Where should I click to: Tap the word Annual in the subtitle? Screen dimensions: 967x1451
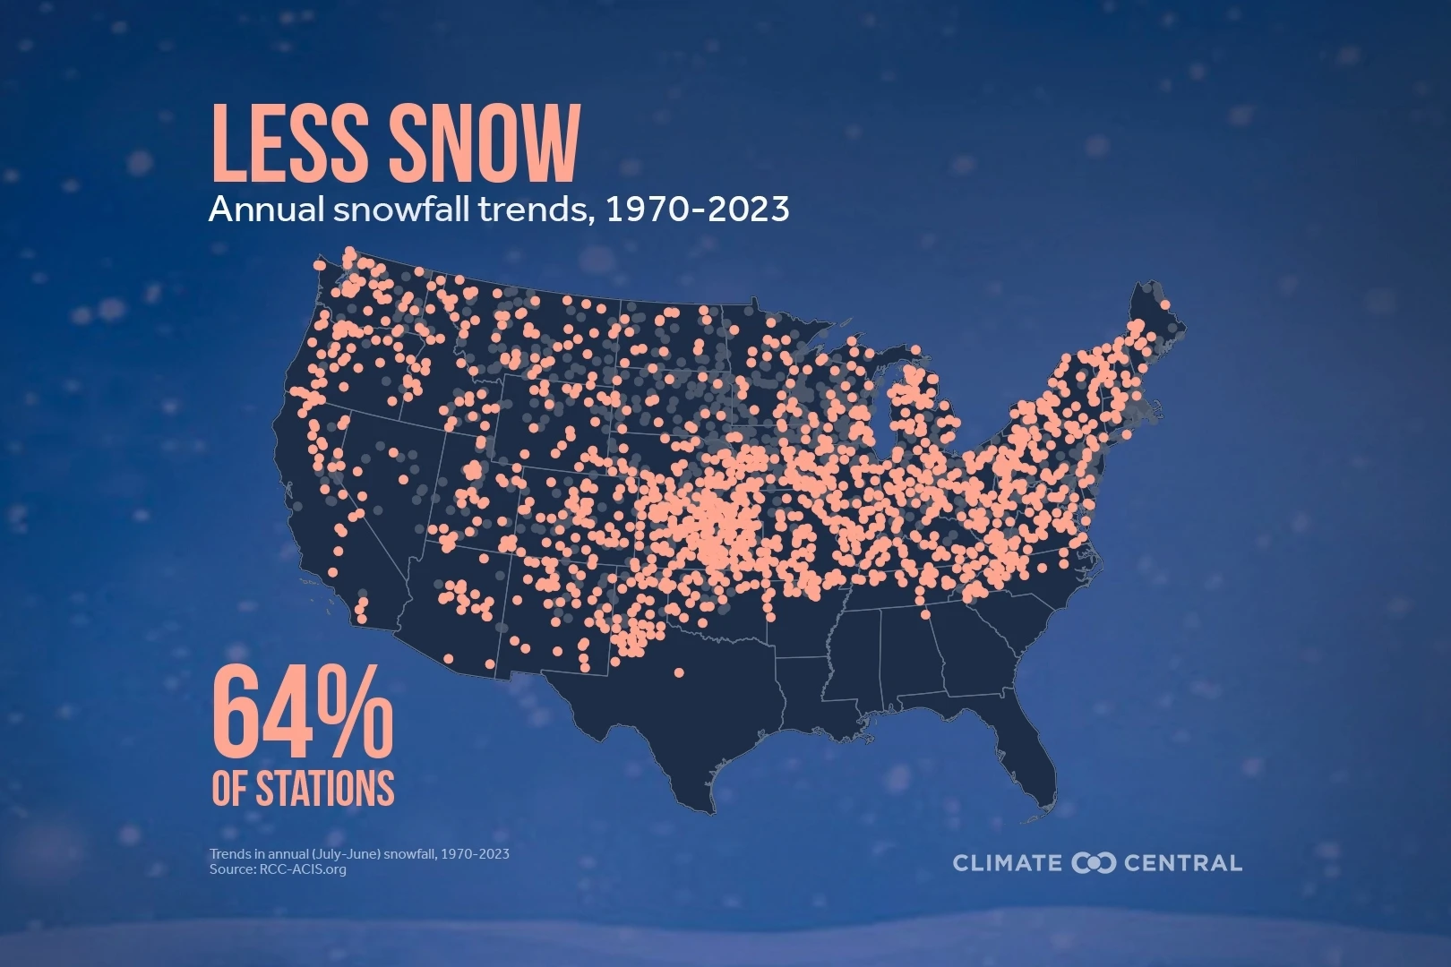[x=264, y=210]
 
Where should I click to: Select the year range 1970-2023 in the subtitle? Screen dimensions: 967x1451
[x=697, y=210]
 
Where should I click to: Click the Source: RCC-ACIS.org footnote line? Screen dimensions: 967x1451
[x=278, y=869]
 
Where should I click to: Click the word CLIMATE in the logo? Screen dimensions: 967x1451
[x=1007, y=863]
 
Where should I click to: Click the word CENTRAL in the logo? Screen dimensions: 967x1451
[x=1182, y=863]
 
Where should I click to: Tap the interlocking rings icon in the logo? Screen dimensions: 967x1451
[x=1094, y=863]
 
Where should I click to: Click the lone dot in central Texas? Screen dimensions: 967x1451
[x=678, y=672]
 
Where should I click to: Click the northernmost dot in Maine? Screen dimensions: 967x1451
[x=1164, y=305]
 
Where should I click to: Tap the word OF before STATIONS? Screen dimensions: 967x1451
[x=229, y=789]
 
